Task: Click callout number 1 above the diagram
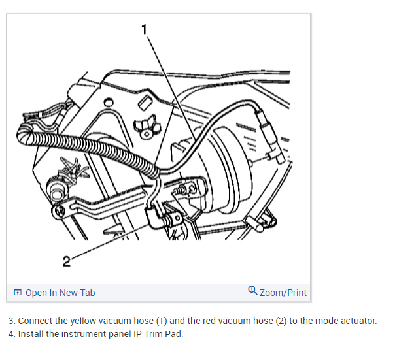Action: (x=145, y=27)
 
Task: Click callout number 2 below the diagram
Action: (x=66, y=262)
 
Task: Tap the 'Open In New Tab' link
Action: (x=60, y=293)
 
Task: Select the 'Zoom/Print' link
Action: (x=283, y=293)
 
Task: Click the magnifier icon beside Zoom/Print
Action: (x=252, y=291)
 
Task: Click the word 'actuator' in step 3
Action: (x=359, y=321)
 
